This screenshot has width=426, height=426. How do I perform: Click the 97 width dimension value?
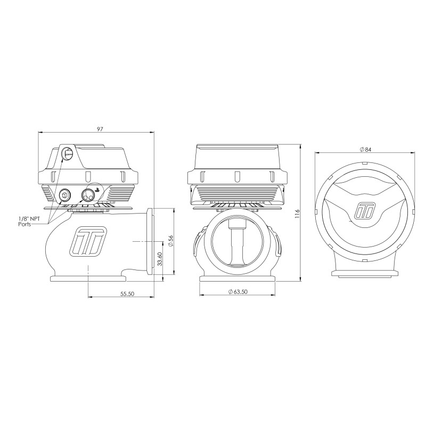(100, 129)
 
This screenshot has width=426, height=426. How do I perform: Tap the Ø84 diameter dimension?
(365, 149)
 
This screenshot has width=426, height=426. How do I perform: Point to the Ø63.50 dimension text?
(237, 292)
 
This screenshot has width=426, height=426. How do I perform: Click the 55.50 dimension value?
(128, 294)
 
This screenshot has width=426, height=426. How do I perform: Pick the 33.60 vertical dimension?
(160, 259)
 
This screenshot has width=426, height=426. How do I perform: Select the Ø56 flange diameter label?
(170, 241)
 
